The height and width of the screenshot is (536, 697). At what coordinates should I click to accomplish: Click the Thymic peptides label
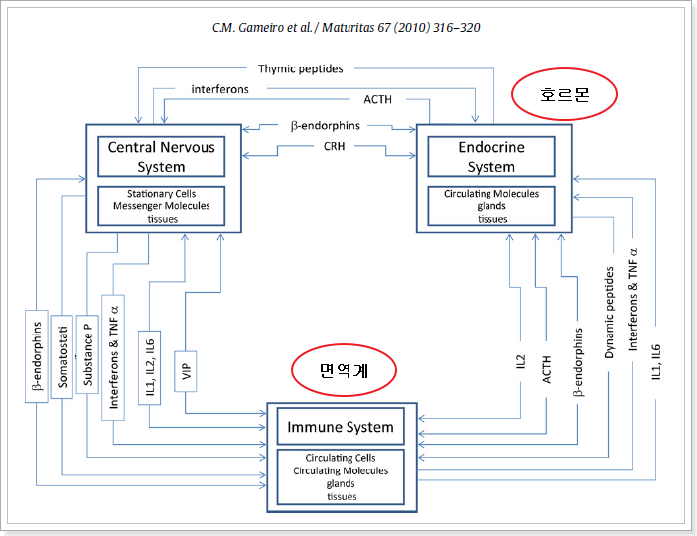[301, 68]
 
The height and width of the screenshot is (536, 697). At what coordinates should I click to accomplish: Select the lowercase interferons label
[219, 88]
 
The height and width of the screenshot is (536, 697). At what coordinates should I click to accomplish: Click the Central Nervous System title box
[161, 156]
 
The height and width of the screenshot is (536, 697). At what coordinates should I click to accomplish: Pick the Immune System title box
[340, 428]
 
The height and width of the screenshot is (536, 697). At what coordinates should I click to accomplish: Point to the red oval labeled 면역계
[344, 370]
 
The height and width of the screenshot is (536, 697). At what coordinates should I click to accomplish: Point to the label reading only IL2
[521, 364]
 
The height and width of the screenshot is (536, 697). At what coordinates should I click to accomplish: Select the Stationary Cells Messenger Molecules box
[161, 205]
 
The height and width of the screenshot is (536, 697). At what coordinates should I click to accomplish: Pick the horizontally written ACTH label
[377, 99]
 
